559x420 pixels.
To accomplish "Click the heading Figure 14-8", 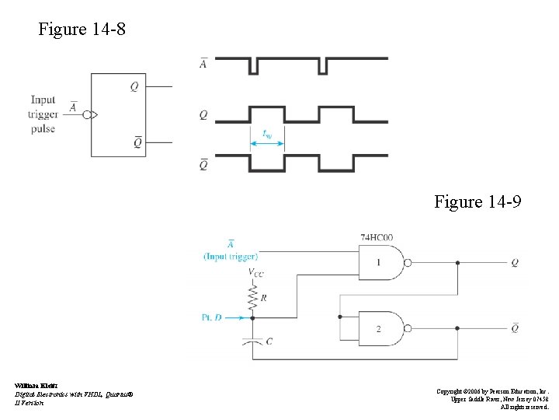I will point(82,30).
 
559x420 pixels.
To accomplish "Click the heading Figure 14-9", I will point(477,202).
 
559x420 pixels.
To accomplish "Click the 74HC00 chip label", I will point(377,236).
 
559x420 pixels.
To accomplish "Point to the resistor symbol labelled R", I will point(252,296).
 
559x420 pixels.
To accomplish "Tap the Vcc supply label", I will point(255,272).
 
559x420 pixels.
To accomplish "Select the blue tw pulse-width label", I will point(267,135).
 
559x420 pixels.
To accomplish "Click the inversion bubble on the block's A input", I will point(95,115).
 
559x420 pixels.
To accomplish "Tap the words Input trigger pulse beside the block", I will point(43,114).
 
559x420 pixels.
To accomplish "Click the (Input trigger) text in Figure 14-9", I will point(231,256).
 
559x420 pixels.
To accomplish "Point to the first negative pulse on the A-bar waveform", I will point(252,67).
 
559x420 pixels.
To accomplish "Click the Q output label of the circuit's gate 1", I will point(515,263).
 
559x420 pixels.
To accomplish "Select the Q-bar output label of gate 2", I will point(515,329).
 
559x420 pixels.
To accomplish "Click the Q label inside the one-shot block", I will point(134,87).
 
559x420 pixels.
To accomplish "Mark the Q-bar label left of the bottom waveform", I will point(203,164).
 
